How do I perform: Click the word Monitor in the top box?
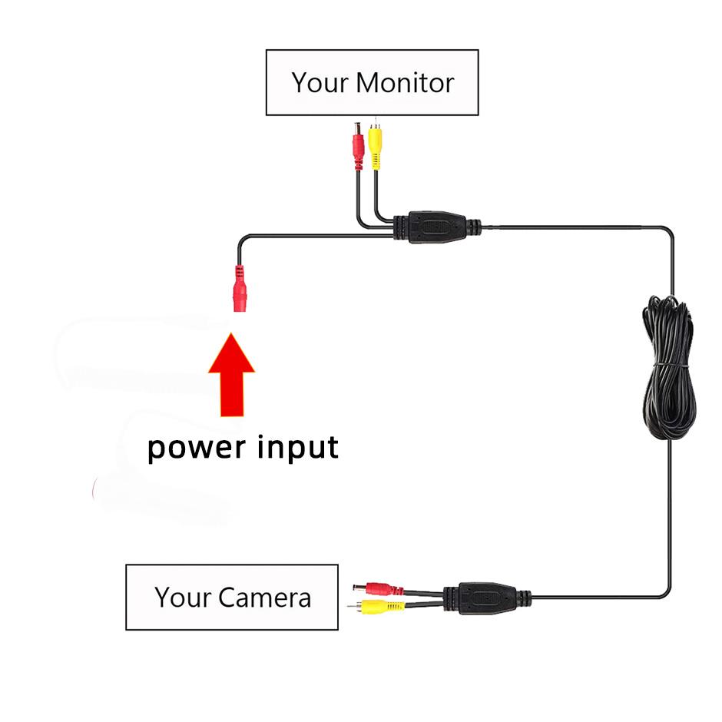click(406, 82)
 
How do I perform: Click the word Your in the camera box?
click(183, 597)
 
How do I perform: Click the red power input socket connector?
click(239, 289)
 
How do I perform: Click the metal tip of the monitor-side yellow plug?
click(374, 123)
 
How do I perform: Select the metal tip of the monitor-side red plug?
click(357, 126)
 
